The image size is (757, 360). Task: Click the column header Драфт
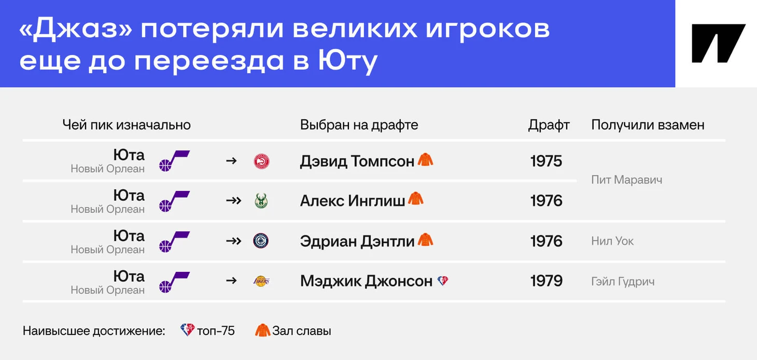[x=549, y=125]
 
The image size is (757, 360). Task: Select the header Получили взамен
[x=648, y=125]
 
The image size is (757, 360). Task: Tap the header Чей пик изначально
[x=127, y=125]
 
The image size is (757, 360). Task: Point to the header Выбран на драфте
[x=359, y=125]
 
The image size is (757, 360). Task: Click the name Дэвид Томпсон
[x=357, y=161]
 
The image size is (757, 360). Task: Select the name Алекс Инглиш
[x=353, y=201]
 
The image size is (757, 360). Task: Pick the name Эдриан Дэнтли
[x=357, y=241]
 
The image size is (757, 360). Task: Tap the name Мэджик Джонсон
[x=367, y=281]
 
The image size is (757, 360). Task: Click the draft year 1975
[x=546, y=161]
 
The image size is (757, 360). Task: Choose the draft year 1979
[x=546, y=281]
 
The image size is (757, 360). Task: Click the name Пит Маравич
[x=626, y=180]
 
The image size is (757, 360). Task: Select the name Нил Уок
[x=612, y=241]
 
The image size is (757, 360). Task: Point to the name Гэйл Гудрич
[x=623, y=282]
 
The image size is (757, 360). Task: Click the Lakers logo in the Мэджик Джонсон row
[x=261, y=281]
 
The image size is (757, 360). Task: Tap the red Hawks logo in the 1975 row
[x=261, y=161]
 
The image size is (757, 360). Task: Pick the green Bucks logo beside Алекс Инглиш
[x=261, y=201]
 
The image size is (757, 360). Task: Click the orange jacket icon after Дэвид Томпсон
[x=426, y=160]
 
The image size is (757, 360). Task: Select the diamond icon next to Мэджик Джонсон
[x=443, y=281]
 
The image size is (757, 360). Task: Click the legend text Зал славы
[x=302, y=331]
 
